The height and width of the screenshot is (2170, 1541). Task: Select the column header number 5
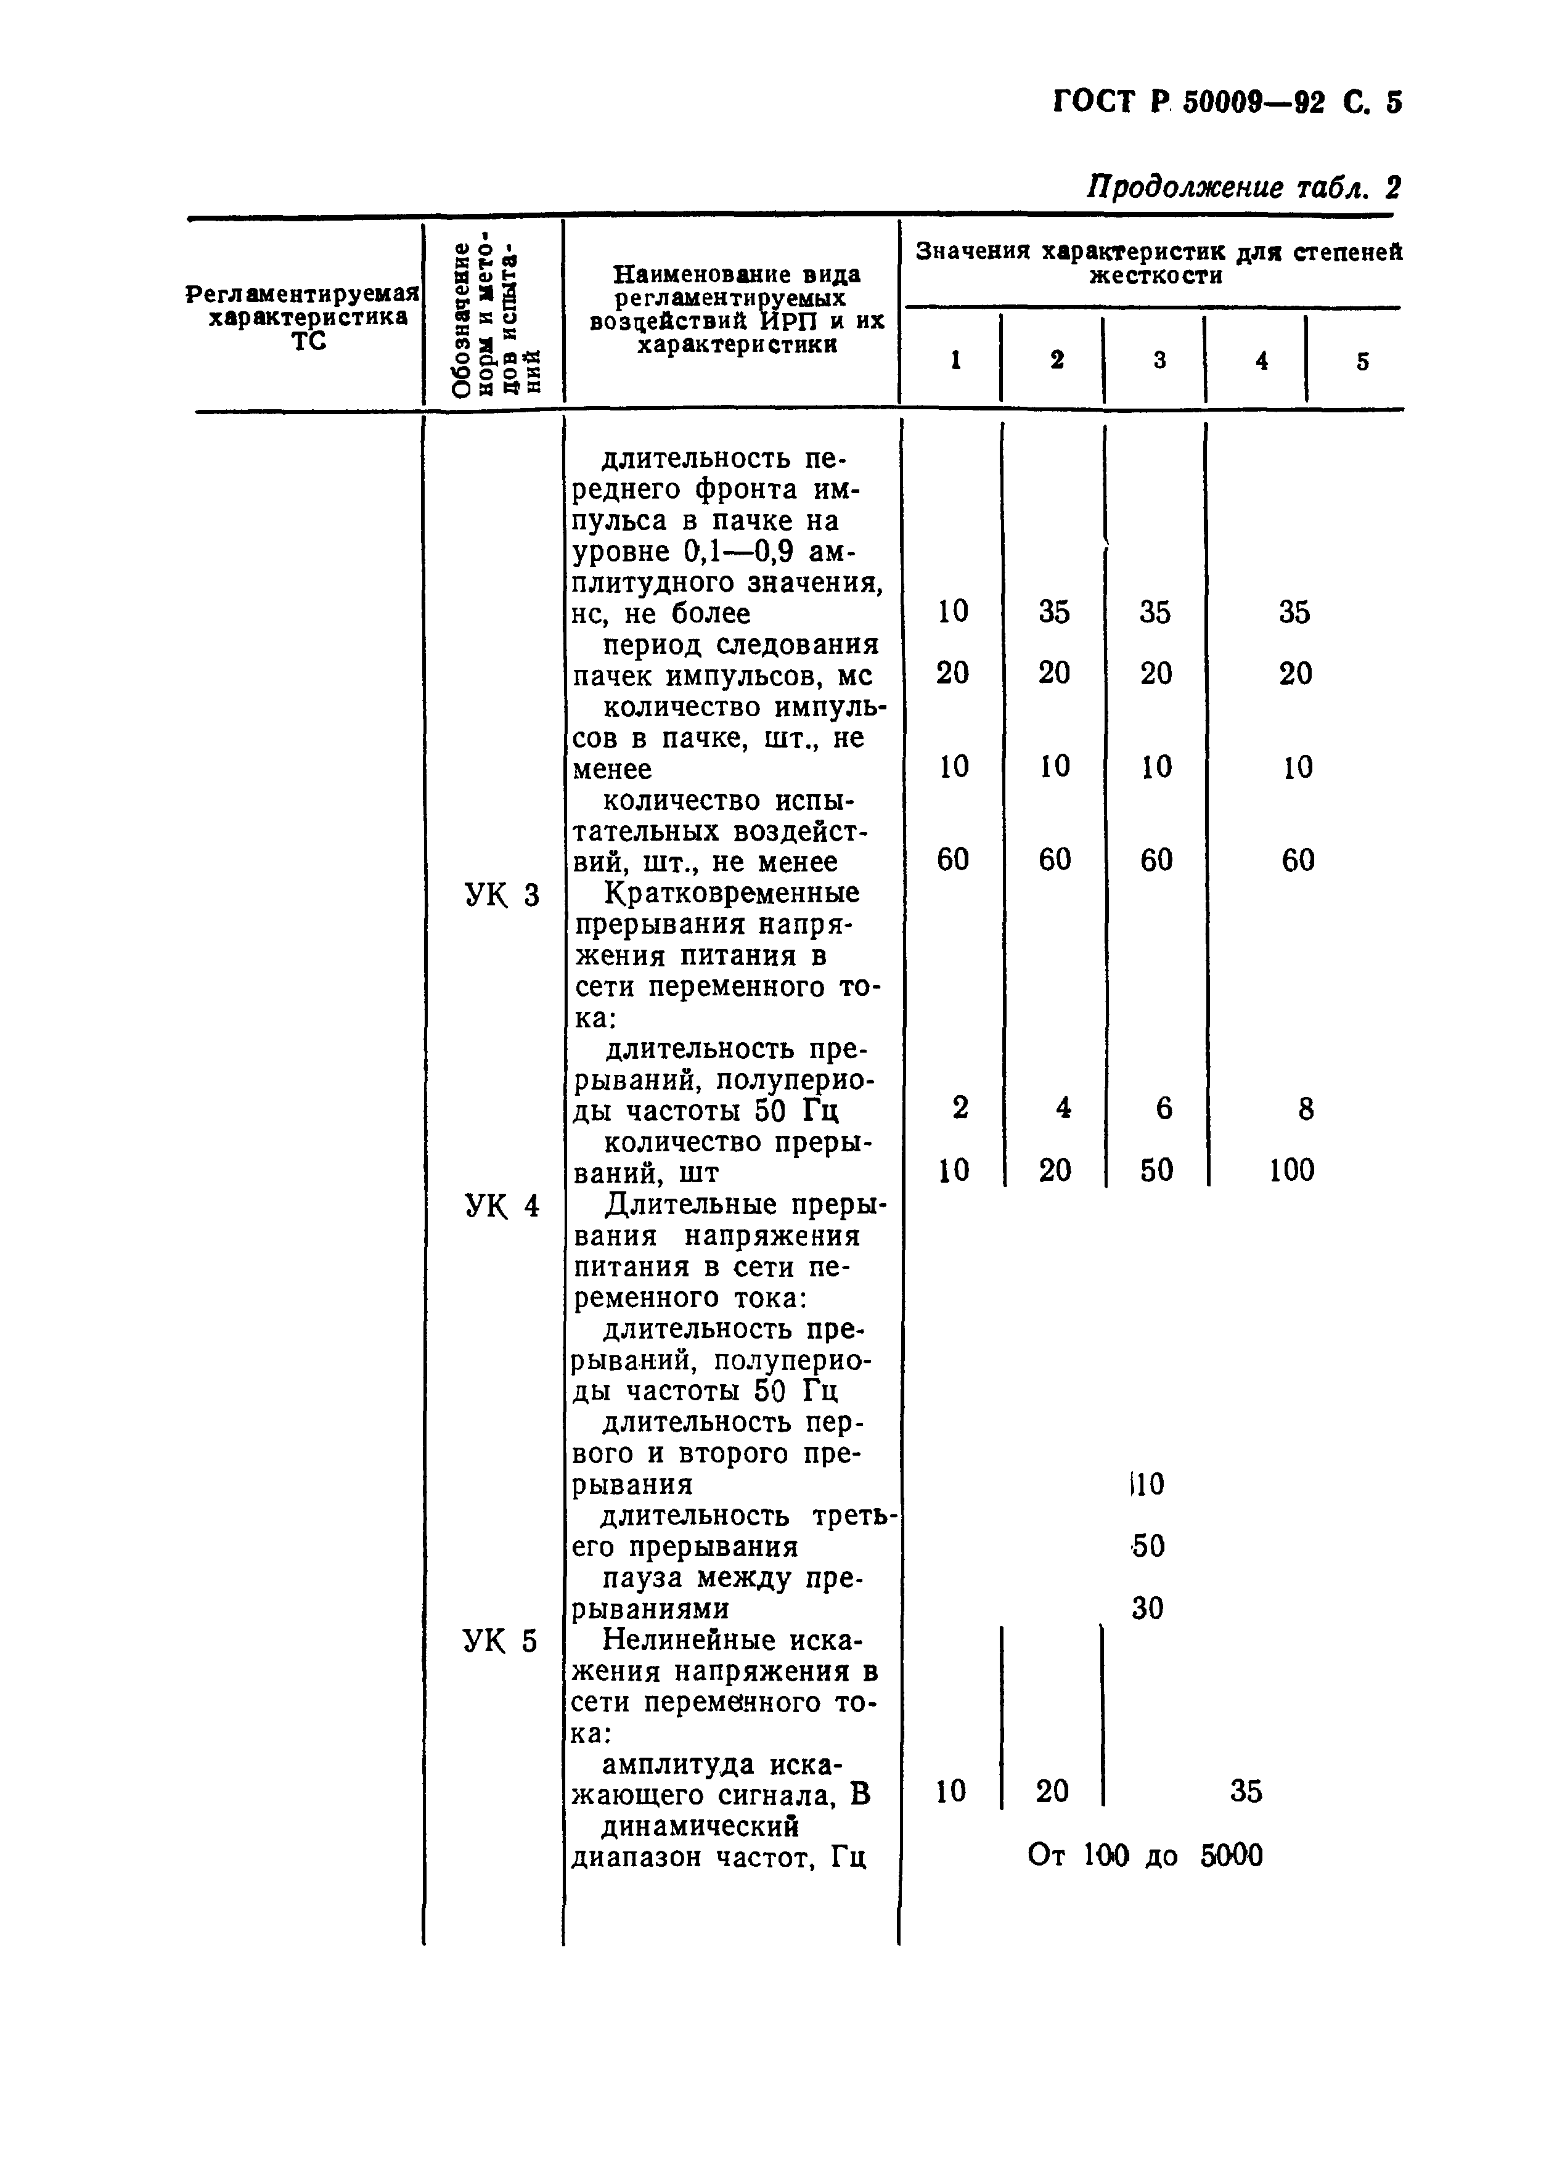point(1363,362)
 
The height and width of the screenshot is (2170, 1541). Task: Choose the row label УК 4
point(502,1206)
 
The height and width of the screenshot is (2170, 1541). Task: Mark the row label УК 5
point(501,1641)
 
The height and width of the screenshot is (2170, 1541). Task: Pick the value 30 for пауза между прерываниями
point(1147,1609)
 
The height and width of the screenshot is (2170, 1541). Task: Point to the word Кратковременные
point(732,893)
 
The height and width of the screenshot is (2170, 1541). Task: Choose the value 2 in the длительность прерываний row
point(960,1108)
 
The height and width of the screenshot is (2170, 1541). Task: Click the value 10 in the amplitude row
point(950,1792)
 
